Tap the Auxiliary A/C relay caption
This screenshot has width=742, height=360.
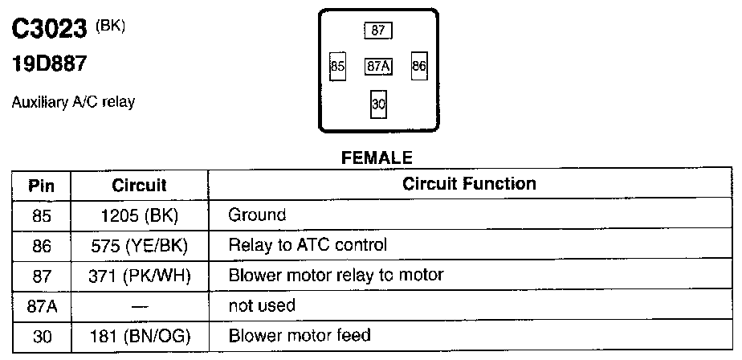point(73,103)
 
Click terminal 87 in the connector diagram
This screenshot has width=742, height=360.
point(379,31)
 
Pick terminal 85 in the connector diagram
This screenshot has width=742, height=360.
point(337,67)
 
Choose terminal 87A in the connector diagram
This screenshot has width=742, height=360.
point(378,67)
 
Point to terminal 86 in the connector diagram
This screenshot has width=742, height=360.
point(418,67)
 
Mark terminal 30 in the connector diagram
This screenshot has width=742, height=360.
point(378,104)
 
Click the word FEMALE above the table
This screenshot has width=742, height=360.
point(377,157)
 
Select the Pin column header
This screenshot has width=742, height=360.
point(41,185)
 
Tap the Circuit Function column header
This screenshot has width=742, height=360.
point(469,184)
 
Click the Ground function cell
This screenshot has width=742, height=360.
point(257,215)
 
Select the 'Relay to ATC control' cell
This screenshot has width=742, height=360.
point(308,245)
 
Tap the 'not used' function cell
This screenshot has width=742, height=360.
point(262,305)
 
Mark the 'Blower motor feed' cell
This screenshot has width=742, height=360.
point(300,335)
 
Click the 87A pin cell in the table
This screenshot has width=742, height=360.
point(41,305)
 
